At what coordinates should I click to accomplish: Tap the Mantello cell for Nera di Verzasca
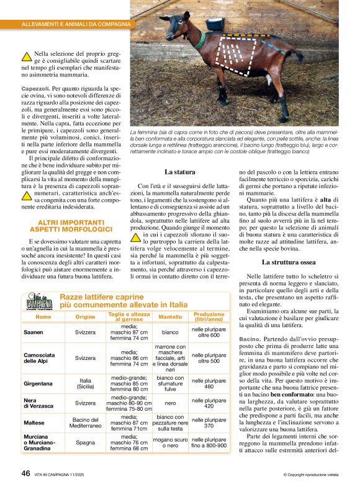click(x=170, y=402)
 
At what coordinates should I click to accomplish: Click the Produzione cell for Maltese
click(x=209, y=423)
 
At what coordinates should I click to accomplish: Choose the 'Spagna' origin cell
click(x=86, y=445)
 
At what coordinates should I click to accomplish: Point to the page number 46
click(x=25, y=473)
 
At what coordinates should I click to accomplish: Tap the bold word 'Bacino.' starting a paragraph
click(x=251, y=339)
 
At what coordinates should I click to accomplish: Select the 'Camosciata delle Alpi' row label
click(x=39, y=358)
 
